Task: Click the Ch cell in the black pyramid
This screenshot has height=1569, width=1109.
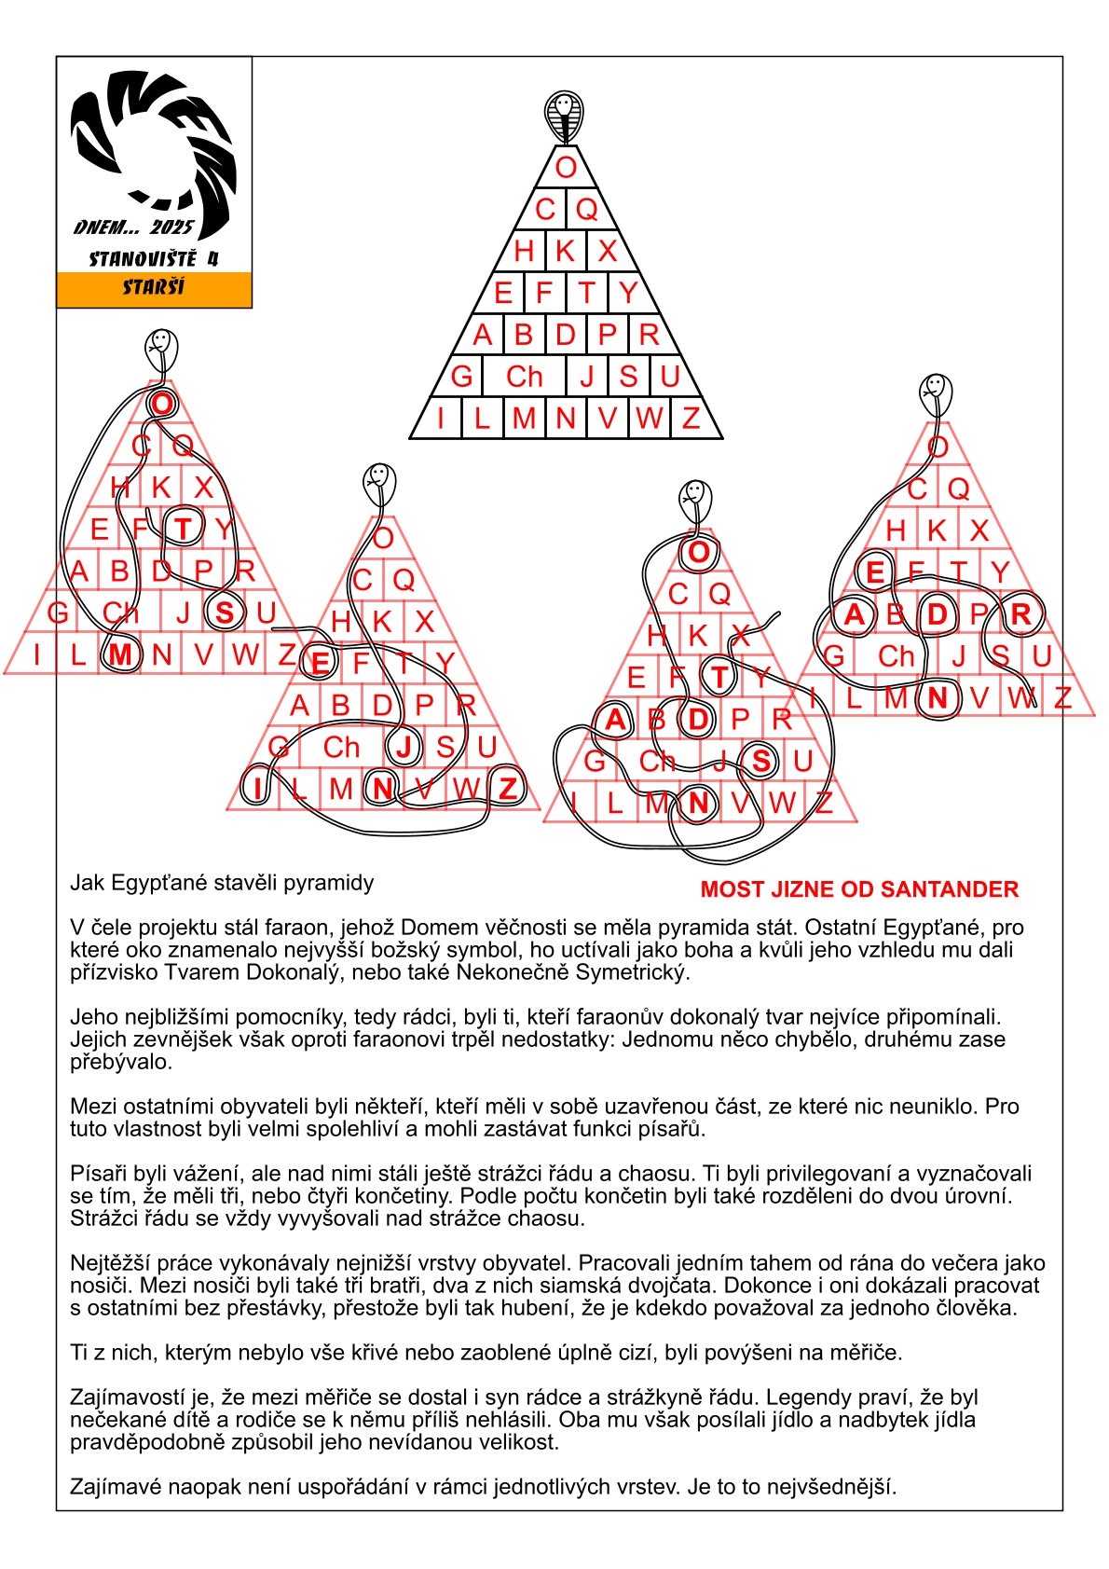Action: point(524,377)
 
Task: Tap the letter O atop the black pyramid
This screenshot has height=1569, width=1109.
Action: point(566,168)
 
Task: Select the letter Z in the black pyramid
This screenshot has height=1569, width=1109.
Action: point(691,418)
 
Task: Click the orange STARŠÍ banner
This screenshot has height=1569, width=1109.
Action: point(154,289)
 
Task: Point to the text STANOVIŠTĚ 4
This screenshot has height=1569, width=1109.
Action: point(154,259)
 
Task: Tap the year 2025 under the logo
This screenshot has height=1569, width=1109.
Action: point(171,227)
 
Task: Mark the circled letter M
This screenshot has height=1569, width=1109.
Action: point(119,654)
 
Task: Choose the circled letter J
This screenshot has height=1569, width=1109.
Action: point(404,747)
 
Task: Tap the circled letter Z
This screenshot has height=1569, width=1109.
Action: point(508,789)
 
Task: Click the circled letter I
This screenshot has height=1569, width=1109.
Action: point(257,789)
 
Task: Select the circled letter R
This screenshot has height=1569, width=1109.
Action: point(1020,614)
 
